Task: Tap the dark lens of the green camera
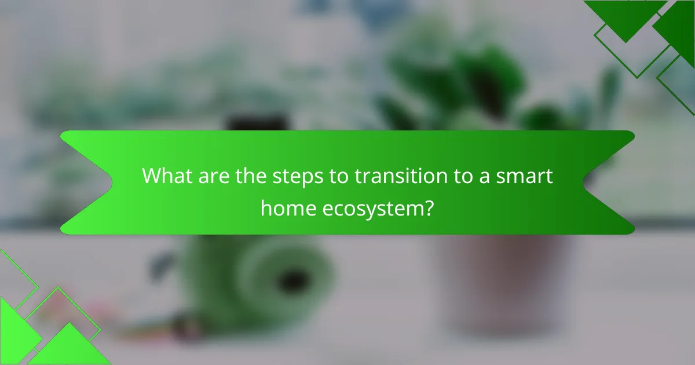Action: pos(289,282)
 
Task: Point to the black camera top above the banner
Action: pos(257,123)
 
